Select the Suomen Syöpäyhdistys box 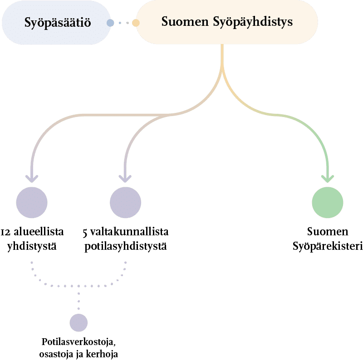227,22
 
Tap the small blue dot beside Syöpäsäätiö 110,22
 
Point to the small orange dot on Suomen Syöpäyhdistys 135,22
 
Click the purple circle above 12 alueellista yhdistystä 32,202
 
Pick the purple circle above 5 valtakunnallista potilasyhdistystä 125,202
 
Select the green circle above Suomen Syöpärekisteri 328,202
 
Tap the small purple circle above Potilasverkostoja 78,322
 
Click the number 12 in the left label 6,232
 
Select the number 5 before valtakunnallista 85,233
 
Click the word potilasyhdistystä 126,246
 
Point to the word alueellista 39,232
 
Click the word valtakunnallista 130,232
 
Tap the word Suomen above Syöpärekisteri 328,232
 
